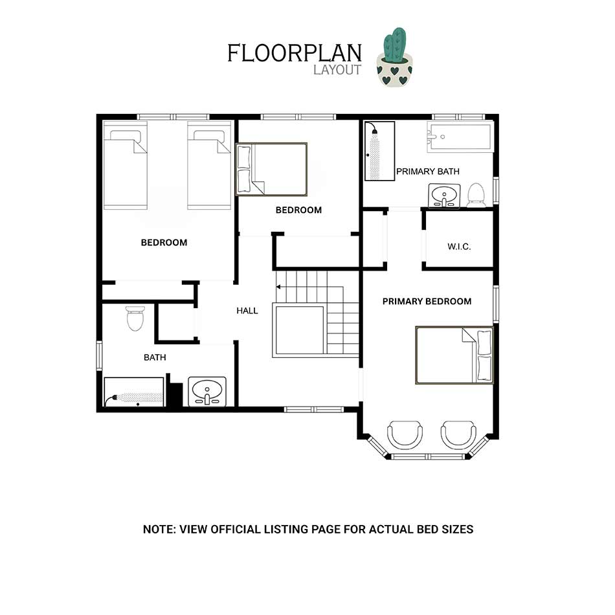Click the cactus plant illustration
pyautogui.click(x=395, y=57)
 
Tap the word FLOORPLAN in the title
pyautogui.click(x=295, y=53)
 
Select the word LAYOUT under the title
pyautogui.click(x=337, y=70)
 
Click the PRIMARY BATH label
pyautogui.click(x=427, y=172)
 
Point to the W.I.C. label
pyautogui.click(x=459, y=247)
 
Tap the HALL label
pyautogui.click(x=247, y=311)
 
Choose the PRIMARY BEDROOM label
pyautogui.click(x=427, y=301)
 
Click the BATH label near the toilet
pyautogui.click(x=155, y=357)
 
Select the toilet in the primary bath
pyautogui.click(x=476, y=195)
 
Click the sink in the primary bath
pyautogui.click(x=444, y=196)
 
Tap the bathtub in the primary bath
pyautogui.click(x=459, y=136)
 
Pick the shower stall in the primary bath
pyautogui.click(x=379, y=151)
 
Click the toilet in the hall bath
pyautogui.click(x=135, y=318)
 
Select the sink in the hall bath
pyautogui.click(x=207, y=392)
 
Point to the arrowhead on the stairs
pyautogui.click(x=278, y=287)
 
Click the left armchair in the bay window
pyautogui.click(x=405, y=436)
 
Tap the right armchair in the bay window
pyautogui.click(x=458, y=436)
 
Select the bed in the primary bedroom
pyautogui.click(x=454, y=355)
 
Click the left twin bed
pyautogui.click(x=125, y=164)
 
